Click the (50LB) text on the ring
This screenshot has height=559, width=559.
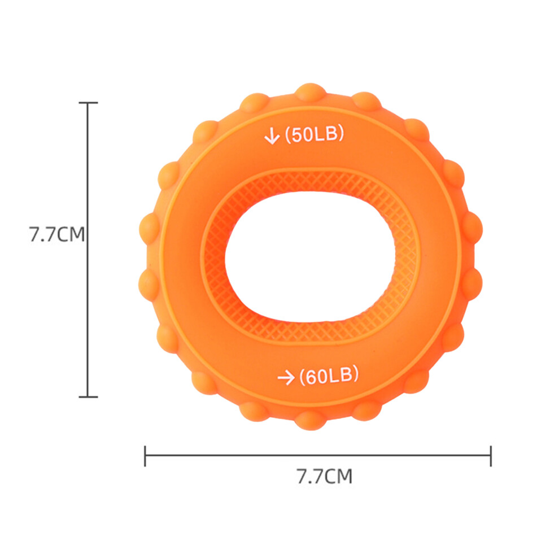click(315, 134)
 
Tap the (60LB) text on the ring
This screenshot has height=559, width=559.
click(329, 375)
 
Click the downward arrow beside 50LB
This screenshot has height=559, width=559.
click(272, 136)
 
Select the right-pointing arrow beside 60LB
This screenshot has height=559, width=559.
click(286, 378)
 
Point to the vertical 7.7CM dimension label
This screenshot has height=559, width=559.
click(57, 234)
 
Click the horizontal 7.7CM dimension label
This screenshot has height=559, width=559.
click(325, 476)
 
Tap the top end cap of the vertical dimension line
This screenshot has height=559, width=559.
click(88, 103)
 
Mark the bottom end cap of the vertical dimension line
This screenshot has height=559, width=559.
click(88, 396)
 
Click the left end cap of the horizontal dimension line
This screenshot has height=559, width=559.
click(145, 456)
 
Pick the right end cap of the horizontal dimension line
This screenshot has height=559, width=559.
click(491, 456)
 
